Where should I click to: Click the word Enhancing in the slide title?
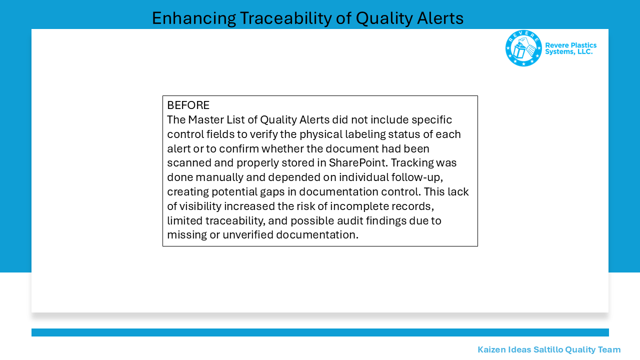tap(193, 19)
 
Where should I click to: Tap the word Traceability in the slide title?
tap(285, 19)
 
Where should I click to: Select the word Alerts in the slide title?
tap(440, 18)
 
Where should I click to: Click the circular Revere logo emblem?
tap(523, 48)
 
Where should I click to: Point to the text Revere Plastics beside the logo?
tap(570, 45)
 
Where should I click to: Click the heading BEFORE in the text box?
tap(188, 105)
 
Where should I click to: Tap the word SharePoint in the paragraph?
tap(358, 163)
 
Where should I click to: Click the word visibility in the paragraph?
tap(200, 206)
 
